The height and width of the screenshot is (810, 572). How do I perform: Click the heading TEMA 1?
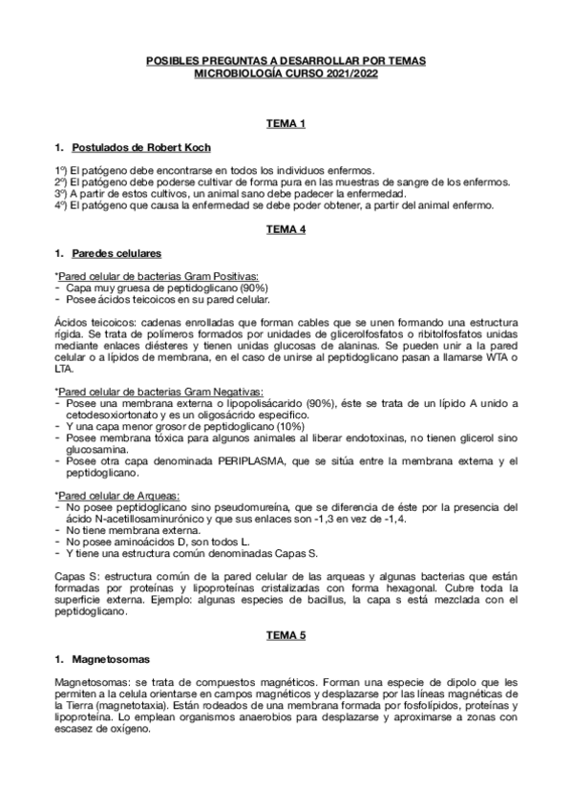[x=286, y=125]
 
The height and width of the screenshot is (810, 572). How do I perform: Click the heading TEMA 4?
[x=286, y=231]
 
